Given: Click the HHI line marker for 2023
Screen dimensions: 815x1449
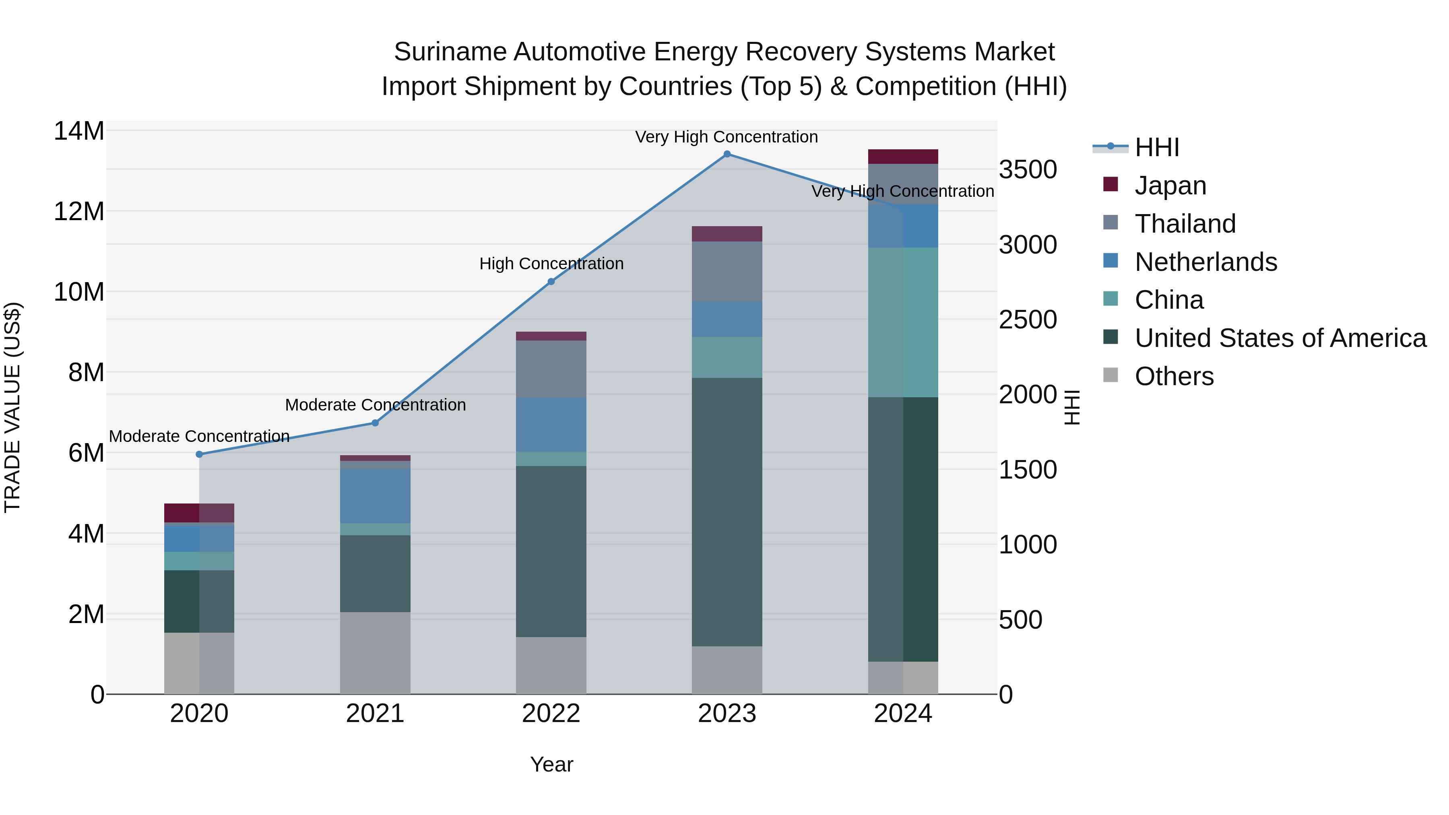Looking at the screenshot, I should click(727, 154).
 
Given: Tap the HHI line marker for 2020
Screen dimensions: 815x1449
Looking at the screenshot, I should click(199, 454).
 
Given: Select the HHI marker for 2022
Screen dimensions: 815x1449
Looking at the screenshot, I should click(551, 282).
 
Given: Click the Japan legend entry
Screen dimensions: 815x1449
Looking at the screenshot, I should click(1170, 185).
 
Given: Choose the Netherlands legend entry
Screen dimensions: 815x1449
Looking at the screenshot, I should click(1205, 262).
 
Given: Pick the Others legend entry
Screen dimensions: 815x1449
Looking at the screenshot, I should click(1174, 376).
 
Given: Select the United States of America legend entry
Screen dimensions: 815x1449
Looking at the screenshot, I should click(1280, 338).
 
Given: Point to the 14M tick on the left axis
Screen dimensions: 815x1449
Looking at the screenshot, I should click(79, 131).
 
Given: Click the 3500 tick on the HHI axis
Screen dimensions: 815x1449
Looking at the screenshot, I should click(1028, 170).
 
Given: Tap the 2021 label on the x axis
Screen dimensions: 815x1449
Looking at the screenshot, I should click(375, 714).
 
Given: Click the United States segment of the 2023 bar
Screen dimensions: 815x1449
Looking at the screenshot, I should click(727, 512).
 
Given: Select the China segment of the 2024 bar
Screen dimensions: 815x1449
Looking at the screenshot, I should click(903, 322).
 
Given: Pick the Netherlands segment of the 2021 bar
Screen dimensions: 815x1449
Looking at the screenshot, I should click(375, 496).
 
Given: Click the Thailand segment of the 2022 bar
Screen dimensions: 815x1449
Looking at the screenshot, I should click(551, 369).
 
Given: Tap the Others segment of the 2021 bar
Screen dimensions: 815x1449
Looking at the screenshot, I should click(375, 652).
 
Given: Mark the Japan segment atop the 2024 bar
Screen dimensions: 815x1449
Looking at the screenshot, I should click(903, 157).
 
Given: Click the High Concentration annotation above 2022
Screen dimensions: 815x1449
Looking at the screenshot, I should click(551, 264).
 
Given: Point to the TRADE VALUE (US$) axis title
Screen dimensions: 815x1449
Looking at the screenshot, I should click(12, 407).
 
